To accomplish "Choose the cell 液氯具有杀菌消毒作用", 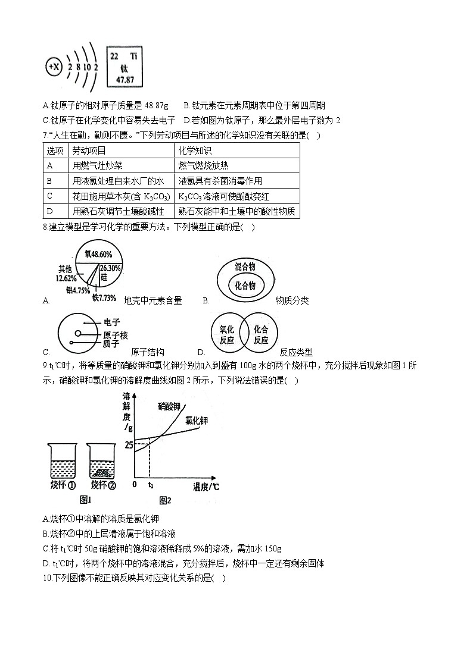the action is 220,181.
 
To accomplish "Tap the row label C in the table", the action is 50,196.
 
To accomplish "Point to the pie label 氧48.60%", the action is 98,253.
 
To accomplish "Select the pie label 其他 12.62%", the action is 66,273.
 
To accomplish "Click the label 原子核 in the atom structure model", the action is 115,335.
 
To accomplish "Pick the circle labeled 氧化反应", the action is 227,334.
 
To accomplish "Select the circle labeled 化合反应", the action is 261,334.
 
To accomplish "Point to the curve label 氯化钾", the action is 197,420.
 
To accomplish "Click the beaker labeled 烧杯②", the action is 102,462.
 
